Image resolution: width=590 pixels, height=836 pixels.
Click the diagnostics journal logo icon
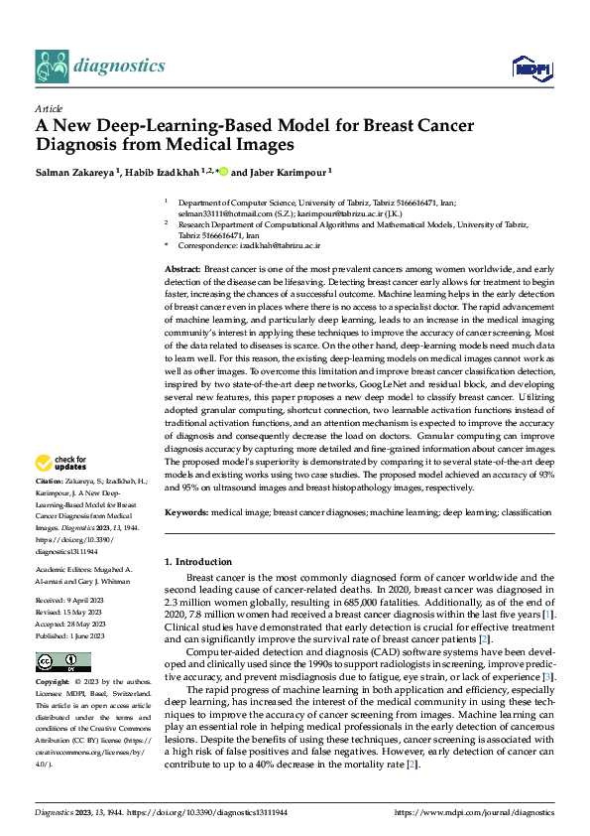pos(51,66)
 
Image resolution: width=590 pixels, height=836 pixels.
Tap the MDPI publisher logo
pos(531,68)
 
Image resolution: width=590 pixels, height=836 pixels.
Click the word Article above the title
pos(48,108)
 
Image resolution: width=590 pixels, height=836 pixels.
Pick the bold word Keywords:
pos(186,512)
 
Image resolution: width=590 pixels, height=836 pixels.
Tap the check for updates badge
pos(61,463)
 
